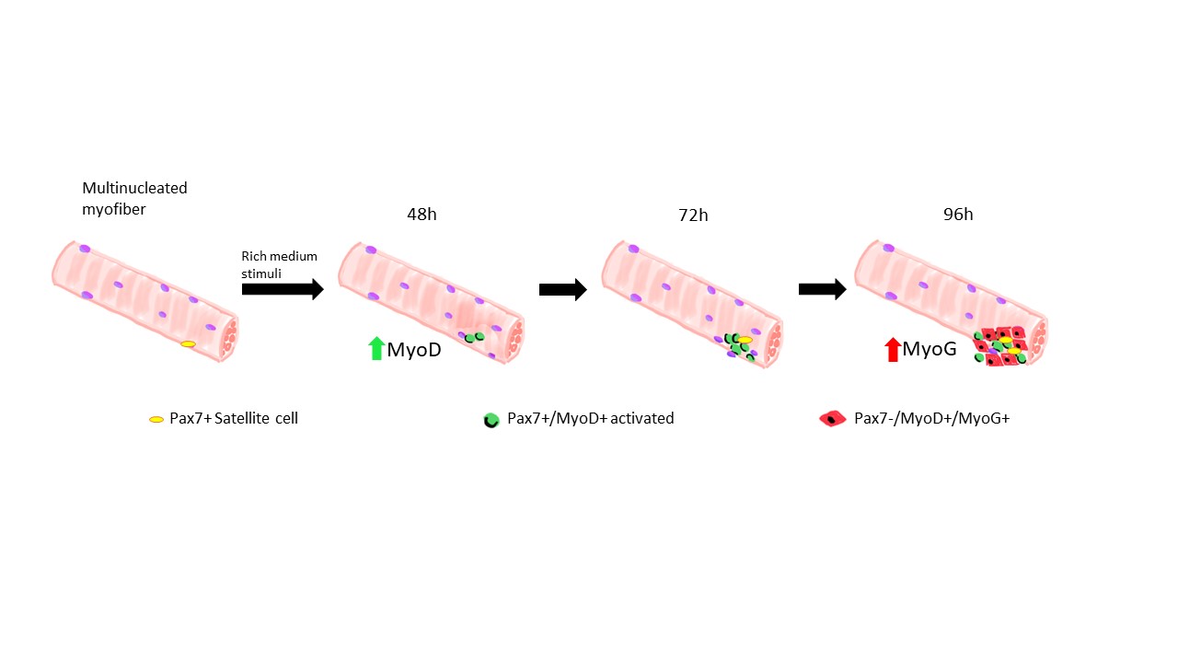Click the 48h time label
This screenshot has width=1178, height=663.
[422, 215]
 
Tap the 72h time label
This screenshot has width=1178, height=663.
[693, 215]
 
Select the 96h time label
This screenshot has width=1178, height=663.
[957, 215]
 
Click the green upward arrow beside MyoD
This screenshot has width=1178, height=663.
[375, 349]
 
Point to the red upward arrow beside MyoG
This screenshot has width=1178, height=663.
[892, 349]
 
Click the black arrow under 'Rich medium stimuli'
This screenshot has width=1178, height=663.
[282, 289]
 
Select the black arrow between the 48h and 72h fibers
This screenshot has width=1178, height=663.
[562, 289]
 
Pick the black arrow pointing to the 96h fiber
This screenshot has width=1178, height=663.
[822, 289]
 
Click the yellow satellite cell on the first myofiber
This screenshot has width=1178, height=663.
[188, 344]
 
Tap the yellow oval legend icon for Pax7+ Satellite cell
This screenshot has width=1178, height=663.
[156, 420]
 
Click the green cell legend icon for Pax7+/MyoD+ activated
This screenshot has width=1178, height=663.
[491, 420]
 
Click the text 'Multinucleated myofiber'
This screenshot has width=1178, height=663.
[134, 198]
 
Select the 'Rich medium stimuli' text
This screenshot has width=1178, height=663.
[279, 264]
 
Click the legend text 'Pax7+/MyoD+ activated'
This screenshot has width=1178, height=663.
[591, 419]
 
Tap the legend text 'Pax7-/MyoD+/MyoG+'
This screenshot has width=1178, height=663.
[932, 419]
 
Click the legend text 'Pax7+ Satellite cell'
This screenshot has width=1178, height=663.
[234, 419]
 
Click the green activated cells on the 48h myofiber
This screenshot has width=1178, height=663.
[474, 338]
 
